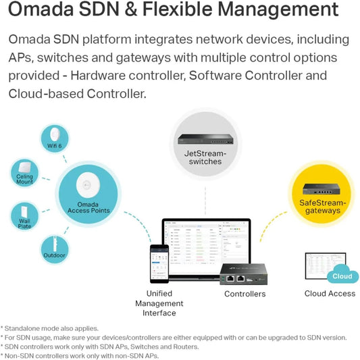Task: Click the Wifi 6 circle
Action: [x=55, y=140]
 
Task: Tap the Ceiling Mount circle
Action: [x=24, y=174]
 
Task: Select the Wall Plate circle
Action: [x=24, y=215]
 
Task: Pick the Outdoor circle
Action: [x=55, y=249]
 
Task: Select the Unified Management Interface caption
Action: [x=159, y=303]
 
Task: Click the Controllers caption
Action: [x=245, y=294]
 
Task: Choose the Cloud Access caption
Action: [x=329, y=294]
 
